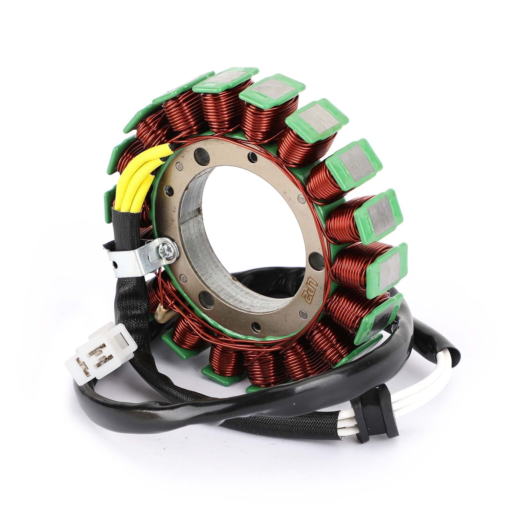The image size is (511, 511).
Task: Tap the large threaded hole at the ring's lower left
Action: coord(203,299)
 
